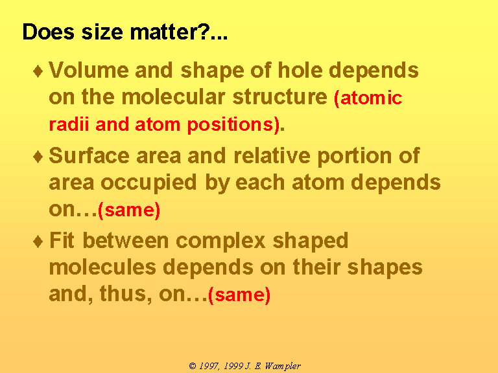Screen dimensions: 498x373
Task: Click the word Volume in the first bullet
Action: pyautogui.click(x=89, y=70)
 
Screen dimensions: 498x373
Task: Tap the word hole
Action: pyautogui.click(x=300, y=70)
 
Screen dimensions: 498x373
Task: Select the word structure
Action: pyautogui.click(x=280, y=96)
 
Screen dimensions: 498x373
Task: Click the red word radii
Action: pyautogui.click(x=69, y=124)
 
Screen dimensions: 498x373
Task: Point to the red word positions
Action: pyautogui.click(x=230, y=125)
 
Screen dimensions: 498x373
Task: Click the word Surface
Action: pyautogui.click(x=89, y=155)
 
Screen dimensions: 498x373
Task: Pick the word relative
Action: pyautogui.click(x=272, y=155)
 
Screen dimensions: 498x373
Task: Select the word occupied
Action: pyautogui.click(x=148, y=184)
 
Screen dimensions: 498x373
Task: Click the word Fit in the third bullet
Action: pyautogui.click(x=62, y=240)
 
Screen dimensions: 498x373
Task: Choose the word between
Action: pyautogui.click(x=125, y=240)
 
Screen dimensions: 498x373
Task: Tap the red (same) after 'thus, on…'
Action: pyautogui.click(x=239, y=295)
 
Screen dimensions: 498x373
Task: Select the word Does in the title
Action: pyautogui.click(x=48, y=32)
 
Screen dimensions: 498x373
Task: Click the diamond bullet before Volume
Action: pyautogui.click(x=38, y=71)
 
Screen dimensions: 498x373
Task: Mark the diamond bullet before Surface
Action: pyautogui.click(x=38, y=157)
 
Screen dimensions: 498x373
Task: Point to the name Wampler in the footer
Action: pyautogui.click(x=283, y=367)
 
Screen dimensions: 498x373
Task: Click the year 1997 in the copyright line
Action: pyautogui.click(x=208, y=366)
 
